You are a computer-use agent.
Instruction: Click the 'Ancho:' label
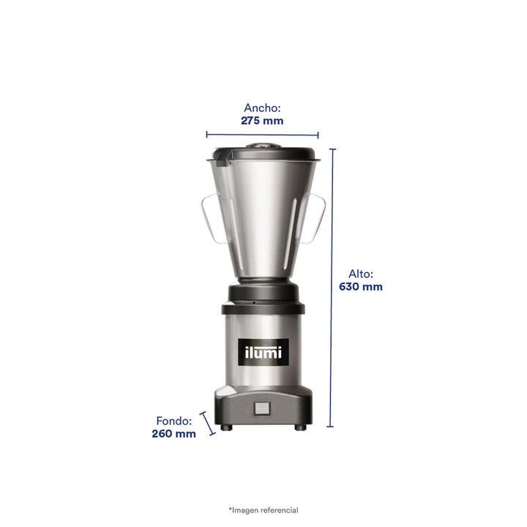(262, 108)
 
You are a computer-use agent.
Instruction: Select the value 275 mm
(262, 121)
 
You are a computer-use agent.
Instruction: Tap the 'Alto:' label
(361, 274)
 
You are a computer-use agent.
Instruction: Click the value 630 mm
(361, 287)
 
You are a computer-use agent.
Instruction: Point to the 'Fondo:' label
(173, 421)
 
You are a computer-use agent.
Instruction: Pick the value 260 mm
(173, 433)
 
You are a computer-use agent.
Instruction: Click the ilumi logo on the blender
(263, 352)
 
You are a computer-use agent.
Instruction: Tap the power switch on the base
(262, 408)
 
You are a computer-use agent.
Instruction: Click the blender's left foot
(226, 427)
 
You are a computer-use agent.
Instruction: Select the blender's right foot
(301, 427)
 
